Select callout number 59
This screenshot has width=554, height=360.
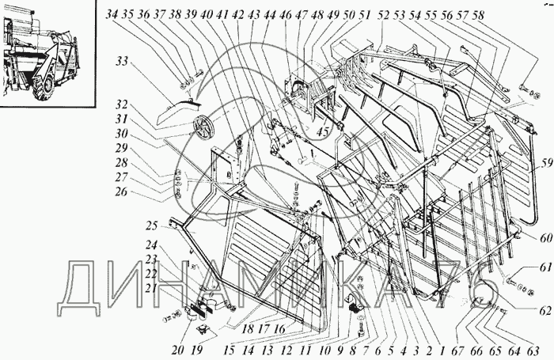click(x=545, y=164)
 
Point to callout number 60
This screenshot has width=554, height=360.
click(x=546, y=238)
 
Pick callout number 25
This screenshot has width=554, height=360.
click(x=151, y=225)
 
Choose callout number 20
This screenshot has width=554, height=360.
click(x=178, y=351)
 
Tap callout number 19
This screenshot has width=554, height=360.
click(x=196, y=351)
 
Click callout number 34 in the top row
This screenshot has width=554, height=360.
click(x=112, y=15)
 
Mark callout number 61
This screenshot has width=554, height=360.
click(x=546, y=267)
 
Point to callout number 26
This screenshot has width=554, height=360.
click(x=121, y=192)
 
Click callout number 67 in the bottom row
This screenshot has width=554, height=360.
click(x=458, y=351)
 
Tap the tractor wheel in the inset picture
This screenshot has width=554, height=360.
click(x=43, y=88)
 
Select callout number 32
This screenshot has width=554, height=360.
click(x=122, y=106)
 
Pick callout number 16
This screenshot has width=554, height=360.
click(x=279, y=328)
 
